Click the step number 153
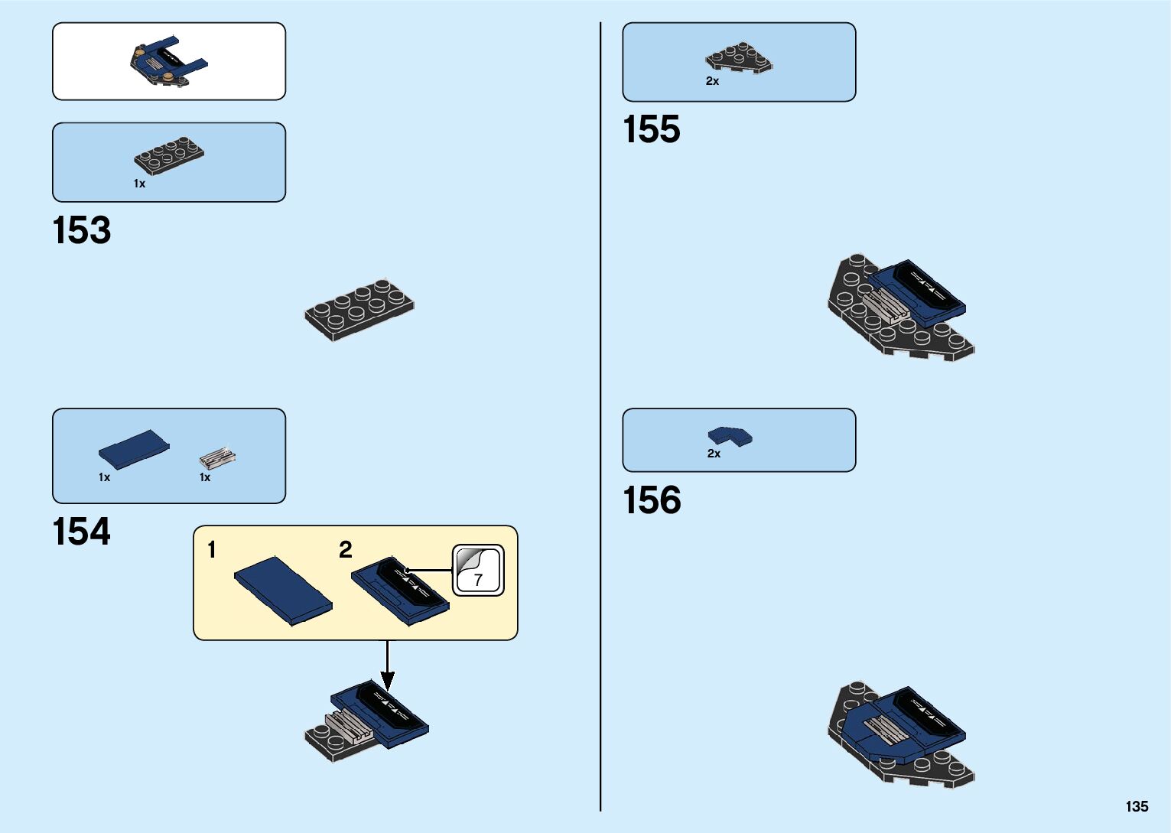click(x=82, y=230)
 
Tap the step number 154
click(x=82, y=532)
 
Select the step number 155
click(x=652, y=129)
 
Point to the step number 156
click(x=652, y=500)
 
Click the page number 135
click(x=1137, y=806)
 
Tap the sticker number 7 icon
click(x=478, y=571)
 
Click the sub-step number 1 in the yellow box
click(x=212, y=549)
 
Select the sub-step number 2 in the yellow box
click(x=346, y=549)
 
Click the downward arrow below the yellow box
click(x=388, y=666)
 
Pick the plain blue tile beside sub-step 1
click(x=283, y=590)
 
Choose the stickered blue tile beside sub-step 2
click(x=400, y=591)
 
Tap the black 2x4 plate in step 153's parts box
click(x=169, y=155)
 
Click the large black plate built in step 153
click(x=359, y=309)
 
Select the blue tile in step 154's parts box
click(x=134, y=449)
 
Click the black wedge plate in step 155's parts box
click(x=739, y=58)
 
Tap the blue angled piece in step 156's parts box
click(x=730, y=436)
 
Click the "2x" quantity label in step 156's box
click(x=714, y=454)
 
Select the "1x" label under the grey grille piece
click(x=205, y=477)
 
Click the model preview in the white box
click(x=168, y=61)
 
